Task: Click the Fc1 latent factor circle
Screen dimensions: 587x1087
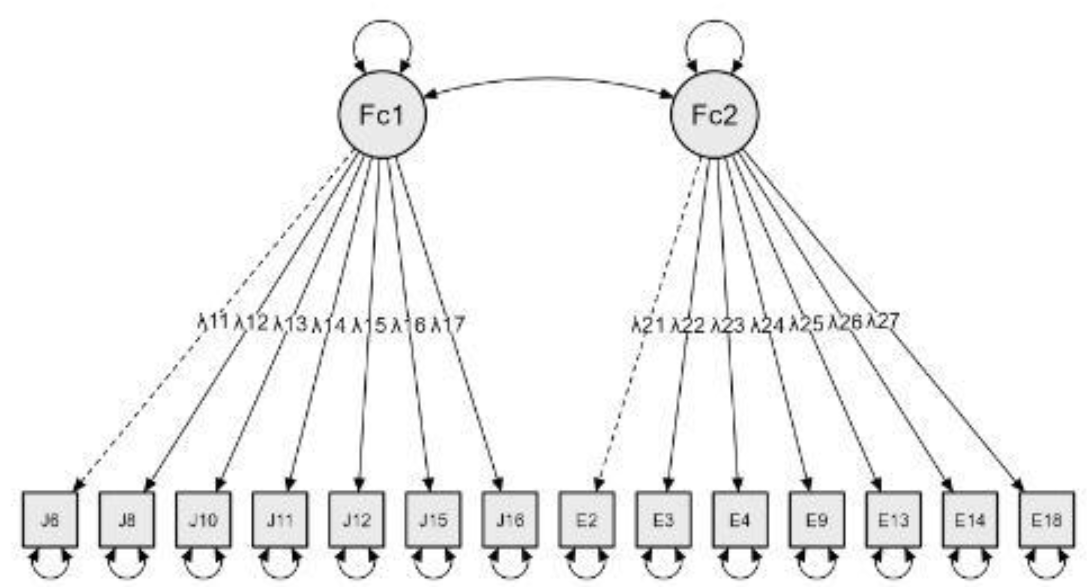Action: coord(382,114)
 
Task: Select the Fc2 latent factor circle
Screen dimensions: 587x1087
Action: coord(714,114)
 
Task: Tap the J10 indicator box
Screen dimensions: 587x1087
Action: coord(203,520)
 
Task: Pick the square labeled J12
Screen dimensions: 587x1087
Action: coord(357,520)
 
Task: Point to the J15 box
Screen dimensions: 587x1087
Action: coord(433,520)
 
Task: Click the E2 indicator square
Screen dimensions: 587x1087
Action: coord(587,520)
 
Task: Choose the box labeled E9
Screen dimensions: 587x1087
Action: coord(817,520)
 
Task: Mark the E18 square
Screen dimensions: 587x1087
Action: coord(1047,520)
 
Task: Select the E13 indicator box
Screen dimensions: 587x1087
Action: coord(893,520)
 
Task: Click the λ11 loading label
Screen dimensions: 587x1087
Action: coord(213,323)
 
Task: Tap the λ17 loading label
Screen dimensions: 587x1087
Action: coord(448,324)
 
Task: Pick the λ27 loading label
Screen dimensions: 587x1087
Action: coord(884,322)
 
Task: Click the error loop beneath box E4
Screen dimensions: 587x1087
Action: coord(740,568)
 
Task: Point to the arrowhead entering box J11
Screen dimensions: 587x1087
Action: coord(290,483)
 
